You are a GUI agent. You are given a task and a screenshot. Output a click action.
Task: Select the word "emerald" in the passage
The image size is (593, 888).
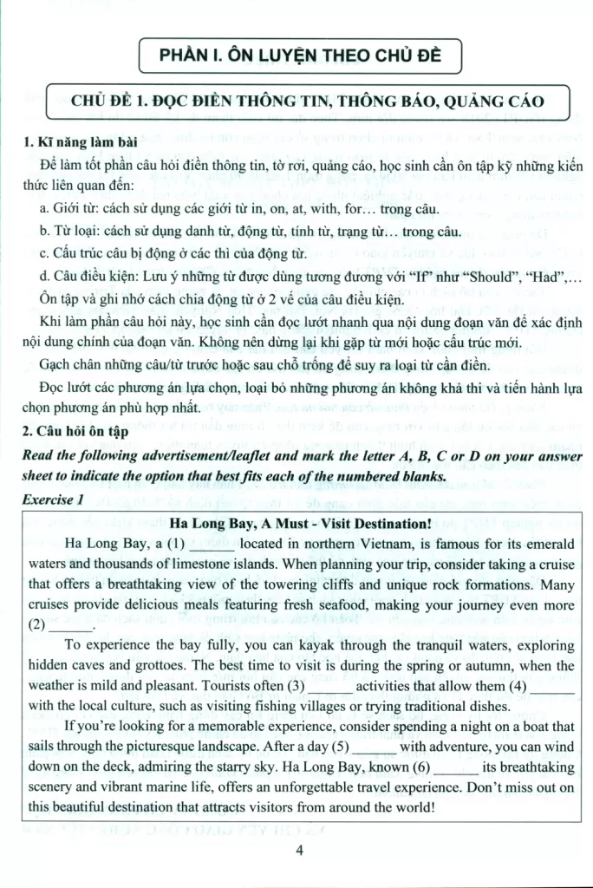[x=545, y=545]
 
